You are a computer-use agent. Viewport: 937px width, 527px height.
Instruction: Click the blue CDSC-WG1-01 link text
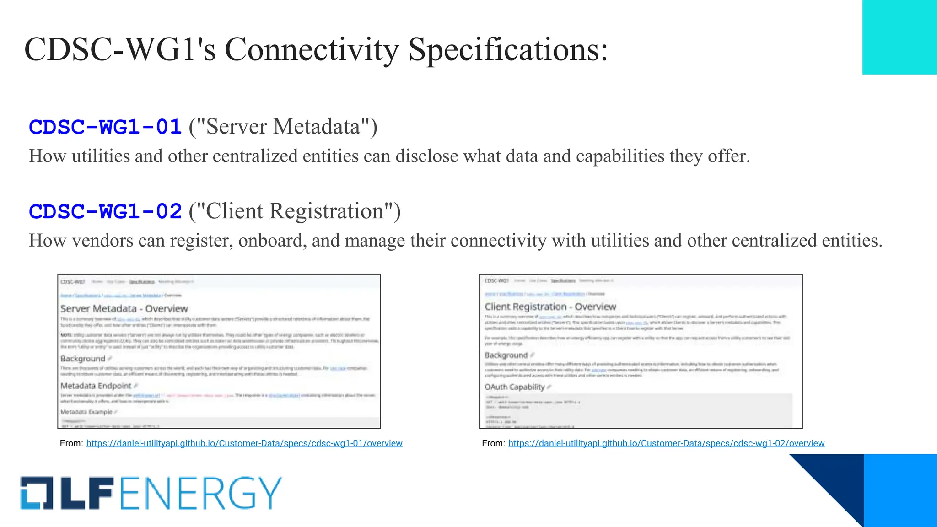105,127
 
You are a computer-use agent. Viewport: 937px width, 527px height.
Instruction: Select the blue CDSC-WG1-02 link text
105,212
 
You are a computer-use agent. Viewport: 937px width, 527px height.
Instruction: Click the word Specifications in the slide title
508,49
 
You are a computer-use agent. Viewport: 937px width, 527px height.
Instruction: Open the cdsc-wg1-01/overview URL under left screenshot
244,443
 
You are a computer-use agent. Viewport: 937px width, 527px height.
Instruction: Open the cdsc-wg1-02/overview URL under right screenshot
666,443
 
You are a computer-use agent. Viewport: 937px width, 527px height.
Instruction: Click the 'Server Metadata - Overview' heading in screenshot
124,309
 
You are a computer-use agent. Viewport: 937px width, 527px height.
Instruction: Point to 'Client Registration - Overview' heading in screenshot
550,307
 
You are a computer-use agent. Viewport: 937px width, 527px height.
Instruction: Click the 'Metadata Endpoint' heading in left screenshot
96,386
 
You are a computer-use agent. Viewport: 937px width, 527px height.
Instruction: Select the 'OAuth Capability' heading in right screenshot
515,387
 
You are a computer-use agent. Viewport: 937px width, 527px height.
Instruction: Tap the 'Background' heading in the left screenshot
83,359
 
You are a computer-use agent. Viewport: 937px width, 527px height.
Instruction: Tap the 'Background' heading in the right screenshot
506,355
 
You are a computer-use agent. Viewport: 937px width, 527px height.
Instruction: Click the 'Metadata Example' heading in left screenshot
86,412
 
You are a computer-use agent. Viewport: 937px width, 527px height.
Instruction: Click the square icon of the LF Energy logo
36,493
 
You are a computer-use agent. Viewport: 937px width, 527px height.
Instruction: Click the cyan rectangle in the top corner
899,37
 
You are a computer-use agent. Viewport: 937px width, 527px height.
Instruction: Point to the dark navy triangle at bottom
837,480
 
